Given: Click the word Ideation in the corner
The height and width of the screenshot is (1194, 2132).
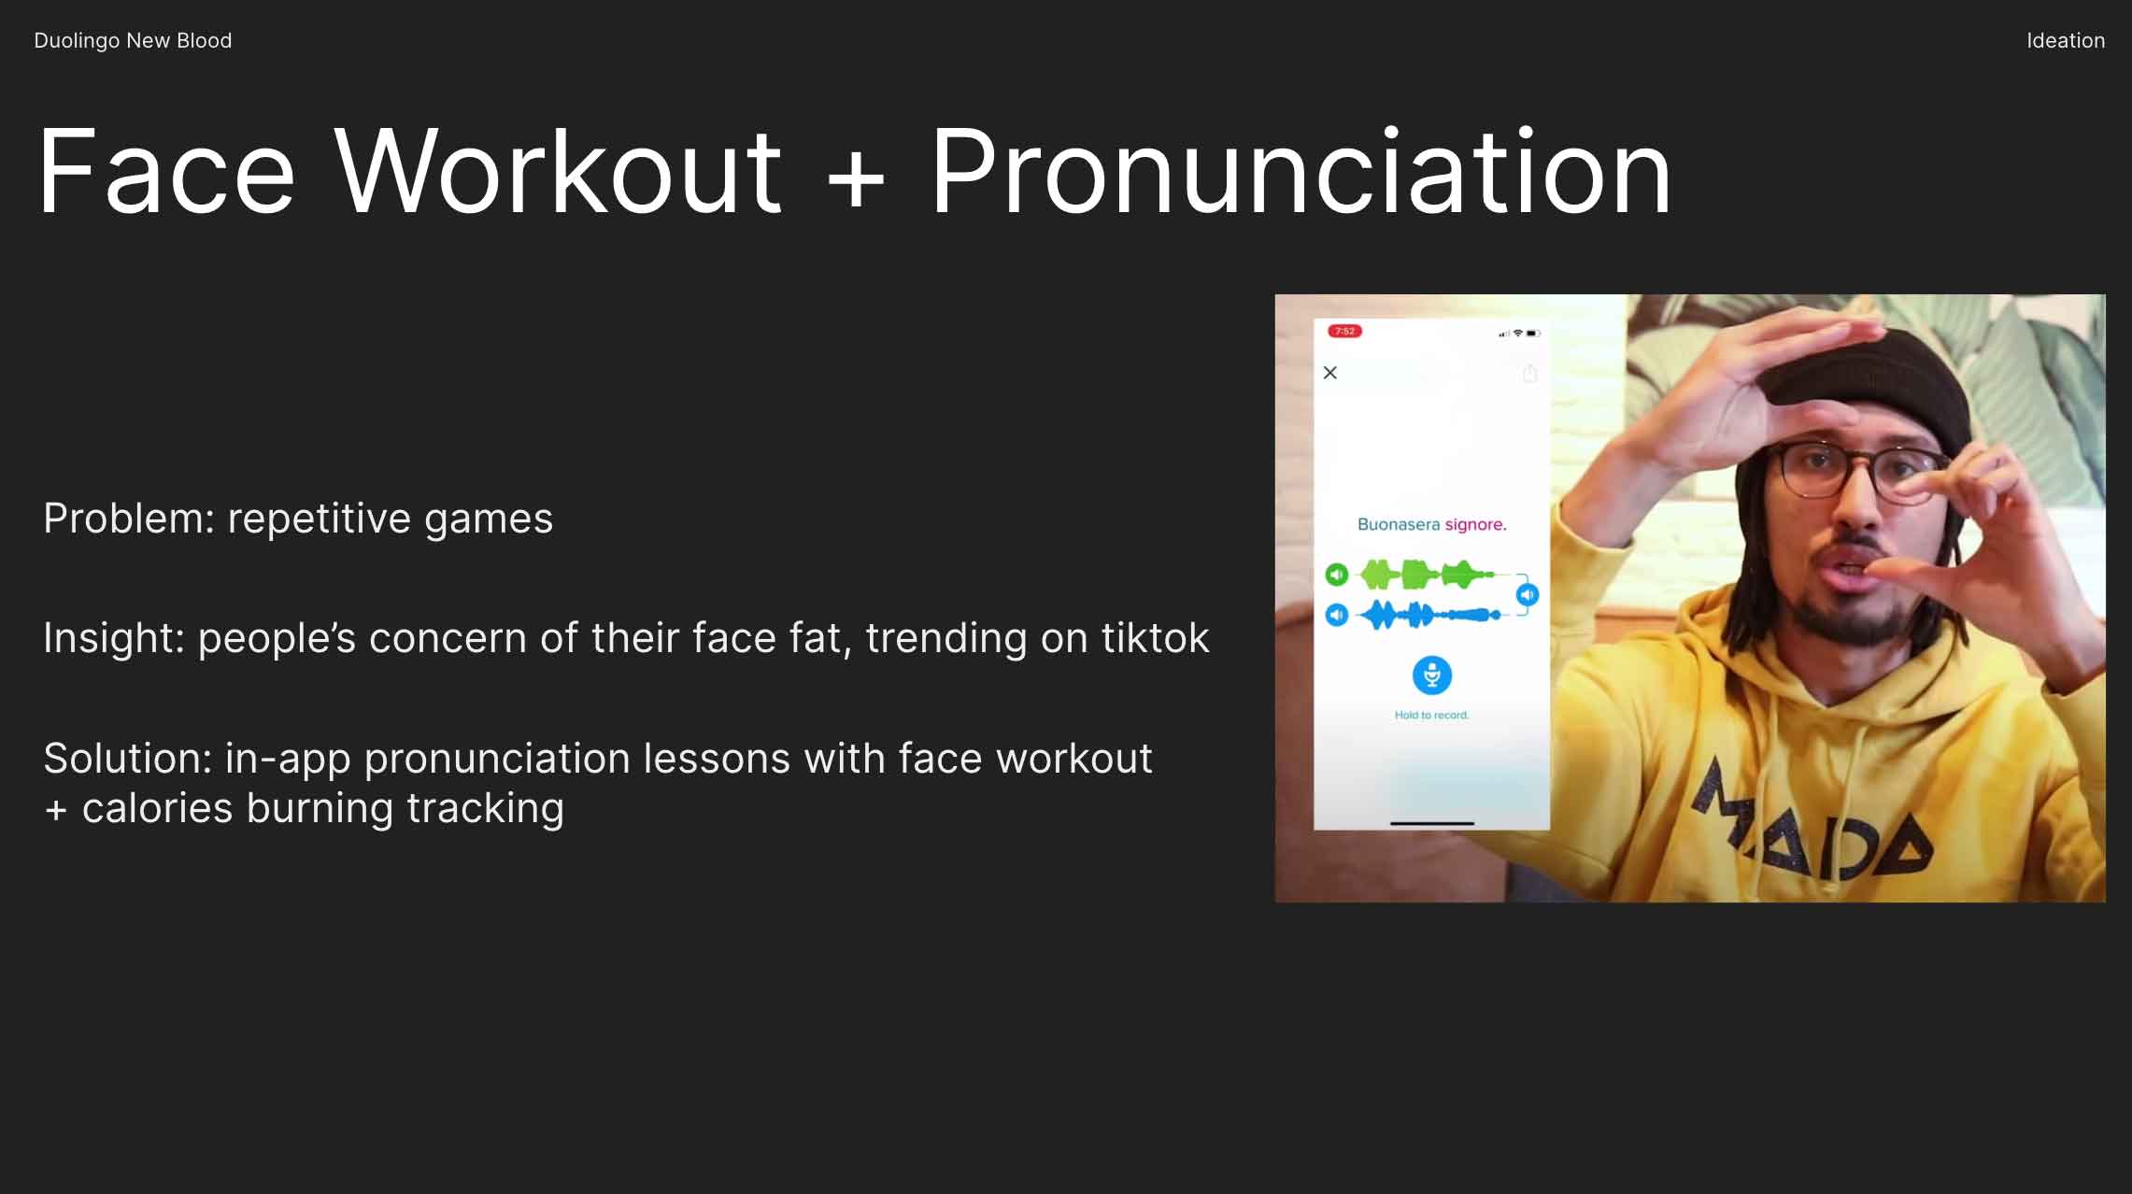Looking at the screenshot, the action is point(2065,40).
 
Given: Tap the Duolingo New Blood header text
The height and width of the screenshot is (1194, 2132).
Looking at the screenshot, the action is point(133,40).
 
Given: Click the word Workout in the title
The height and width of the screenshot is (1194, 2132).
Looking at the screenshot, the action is point(558,172).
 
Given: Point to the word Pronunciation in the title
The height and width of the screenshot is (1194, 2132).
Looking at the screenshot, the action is point(1301,172).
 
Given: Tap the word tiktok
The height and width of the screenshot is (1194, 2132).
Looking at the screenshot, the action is point(1155,638).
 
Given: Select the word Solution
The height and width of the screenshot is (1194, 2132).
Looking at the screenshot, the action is point(127,758).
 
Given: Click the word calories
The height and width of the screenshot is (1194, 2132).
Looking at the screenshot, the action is point(157,808).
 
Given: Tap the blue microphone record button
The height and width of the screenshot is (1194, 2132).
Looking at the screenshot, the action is point(1431,675).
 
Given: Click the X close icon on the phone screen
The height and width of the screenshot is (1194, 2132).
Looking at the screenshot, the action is point(1330,373).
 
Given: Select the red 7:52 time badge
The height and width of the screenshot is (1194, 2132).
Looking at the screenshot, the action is point(1344,331).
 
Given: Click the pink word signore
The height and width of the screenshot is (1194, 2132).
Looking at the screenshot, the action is point(1476,525).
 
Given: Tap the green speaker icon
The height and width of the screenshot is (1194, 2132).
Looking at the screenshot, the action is point(1337,574).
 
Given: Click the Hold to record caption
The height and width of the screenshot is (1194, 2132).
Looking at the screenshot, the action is point(1431,716).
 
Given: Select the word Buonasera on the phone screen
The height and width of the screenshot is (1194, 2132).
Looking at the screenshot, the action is point(1399,525).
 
